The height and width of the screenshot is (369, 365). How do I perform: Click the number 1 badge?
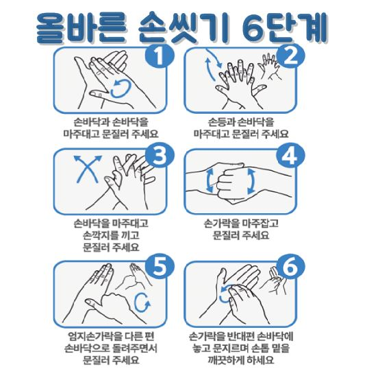click(x=160, y=56)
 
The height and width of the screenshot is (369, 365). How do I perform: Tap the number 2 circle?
click(x=290, y=56)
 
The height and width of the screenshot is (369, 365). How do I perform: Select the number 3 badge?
click(x=160, y=156)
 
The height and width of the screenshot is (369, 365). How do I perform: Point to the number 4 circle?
click(x=290, y=156)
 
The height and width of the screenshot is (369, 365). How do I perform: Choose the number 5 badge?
click(x=160, y=267)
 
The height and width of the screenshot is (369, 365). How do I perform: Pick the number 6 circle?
click(x=290, y=267)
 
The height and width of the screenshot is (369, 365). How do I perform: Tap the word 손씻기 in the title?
click(x=184, y=28)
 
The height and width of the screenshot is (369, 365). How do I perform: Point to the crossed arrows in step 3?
click(x=88, y=169)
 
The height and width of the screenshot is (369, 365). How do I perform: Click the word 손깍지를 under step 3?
click(x=98, y=235)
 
